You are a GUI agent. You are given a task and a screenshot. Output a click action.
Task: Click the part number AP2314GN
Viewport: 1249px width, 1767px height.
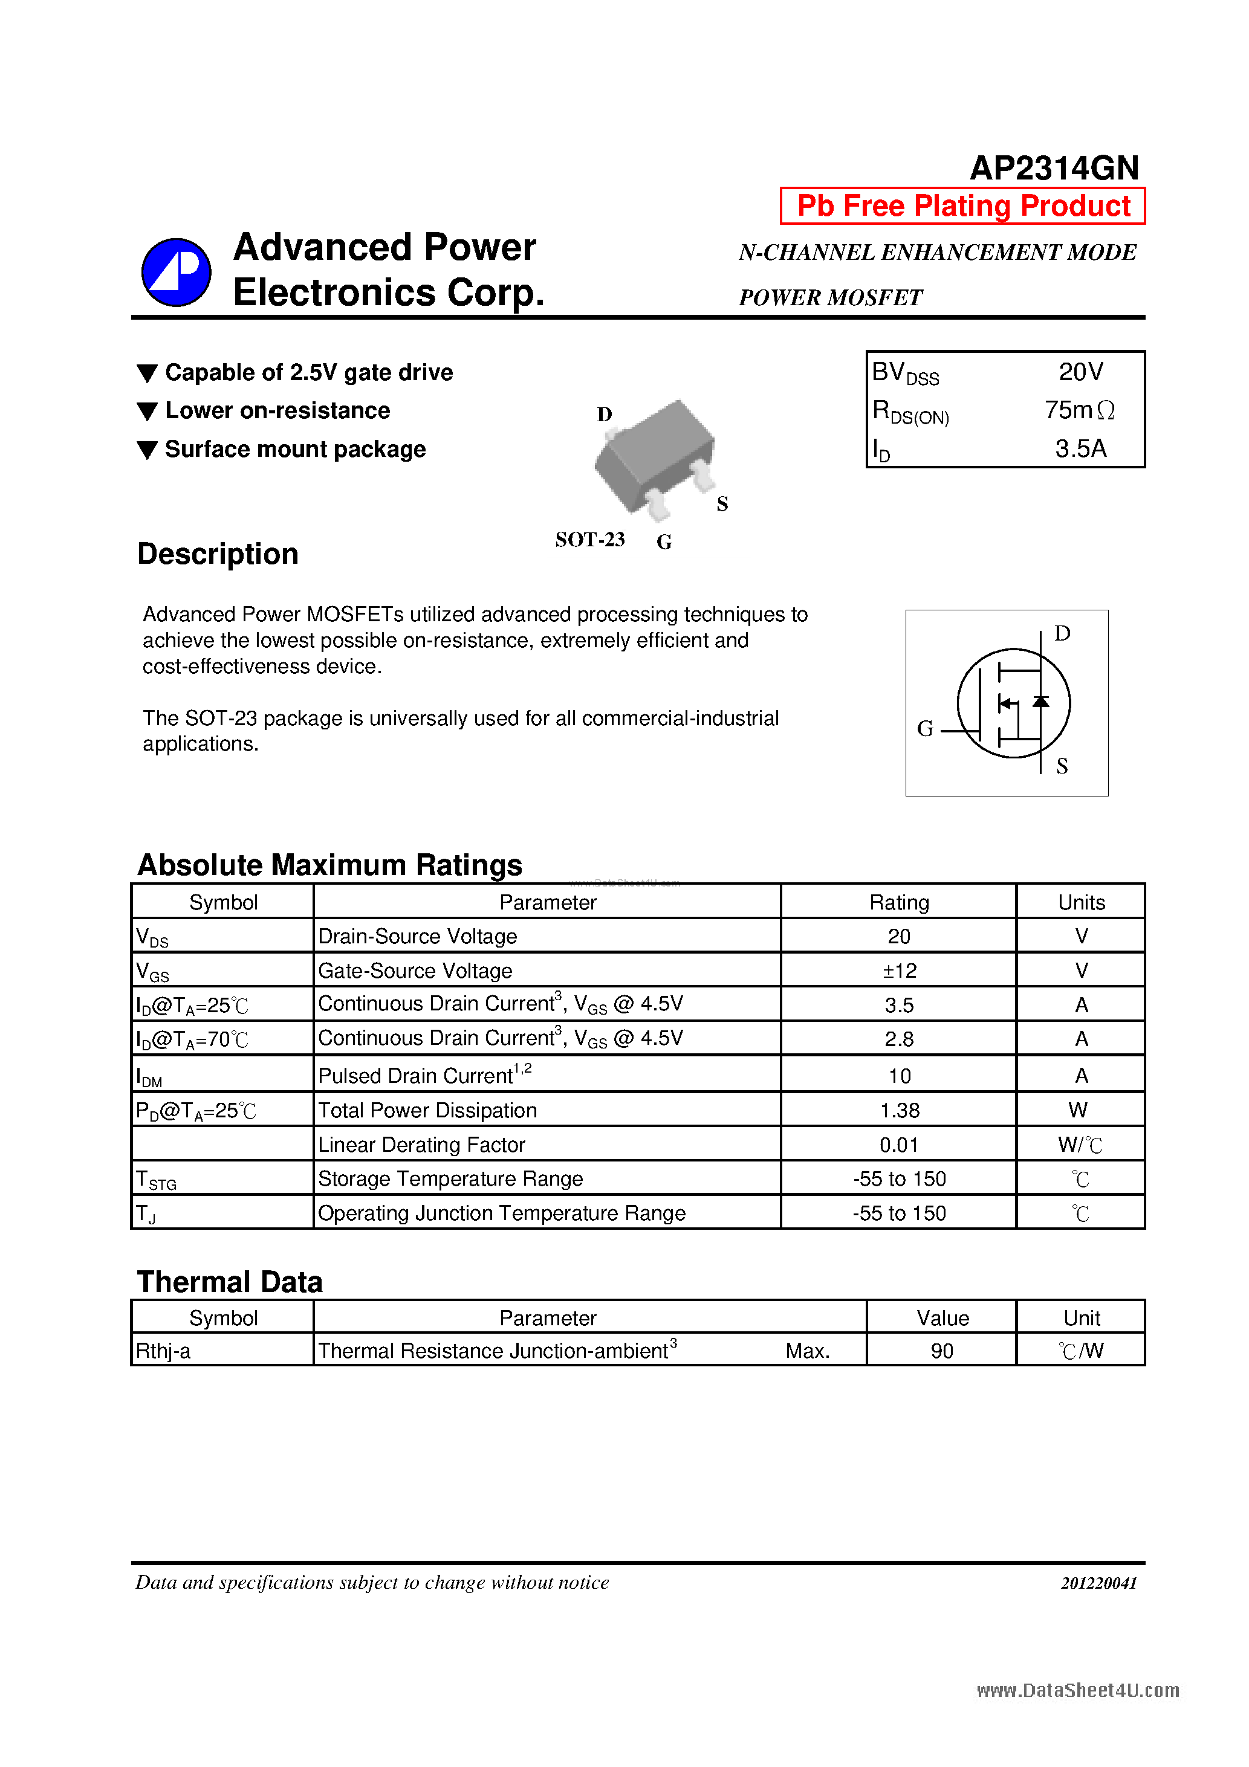point(1053,168)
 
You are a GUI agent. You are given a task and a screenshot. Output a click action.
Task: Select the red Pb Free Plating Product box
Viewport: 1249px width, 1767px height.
point(962,206)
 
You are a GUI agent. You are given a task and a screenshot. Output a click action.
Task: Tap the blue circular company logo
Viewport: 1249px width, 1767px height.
point(177,273)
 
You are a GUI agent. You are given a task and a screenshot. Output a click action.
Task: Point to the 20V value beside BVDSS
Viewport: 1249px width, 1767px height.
point(1080,372)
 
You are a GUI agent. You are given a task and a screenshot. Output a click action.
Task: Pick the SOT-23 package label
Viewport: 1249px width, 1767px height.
point(590,540)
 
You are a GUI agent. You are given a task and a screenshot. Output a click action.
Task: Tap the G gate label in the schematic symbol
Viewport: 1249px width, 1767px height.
point(925,728)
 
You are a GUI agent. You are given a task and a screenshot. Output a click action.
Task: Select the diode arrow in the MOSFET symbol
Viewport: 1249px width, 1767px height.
point(1040,701)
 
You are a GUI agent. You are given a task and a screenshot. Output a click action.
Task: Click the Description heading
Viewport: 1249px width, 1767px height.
point(218,554)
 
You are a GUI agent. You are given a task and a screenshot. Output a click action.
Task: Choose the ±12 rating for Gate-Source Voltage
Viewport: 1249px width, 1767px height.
point(898,971)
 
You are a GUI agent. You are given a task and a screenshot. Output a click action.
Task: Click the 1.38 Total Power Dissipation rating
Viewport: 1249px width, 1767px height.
point(898,1110)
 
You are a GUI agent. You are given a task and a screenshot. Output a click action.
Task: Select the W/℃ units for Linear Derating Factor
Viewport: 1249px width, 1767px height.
point(1080,1145)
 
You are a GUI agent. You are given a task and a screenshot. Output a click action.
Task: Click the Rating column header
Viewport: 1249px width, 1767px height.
point(898,902)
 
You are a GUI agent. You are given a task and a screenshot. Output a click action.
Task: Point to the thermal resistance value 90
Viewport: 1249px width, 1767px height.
point(942,1351)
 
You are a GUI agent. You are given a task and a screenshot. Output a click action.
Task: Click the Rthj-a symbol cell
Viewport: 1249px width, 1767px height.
point(163,1351)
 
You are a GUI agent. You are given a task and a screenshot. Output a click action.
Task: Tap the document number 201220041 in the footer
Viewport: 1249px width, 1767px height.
point(1098,1583)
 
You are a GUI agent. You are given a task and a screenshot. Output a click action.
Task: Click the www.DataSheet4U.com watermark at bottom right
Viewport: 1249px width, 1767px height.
point(1077,1690)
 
